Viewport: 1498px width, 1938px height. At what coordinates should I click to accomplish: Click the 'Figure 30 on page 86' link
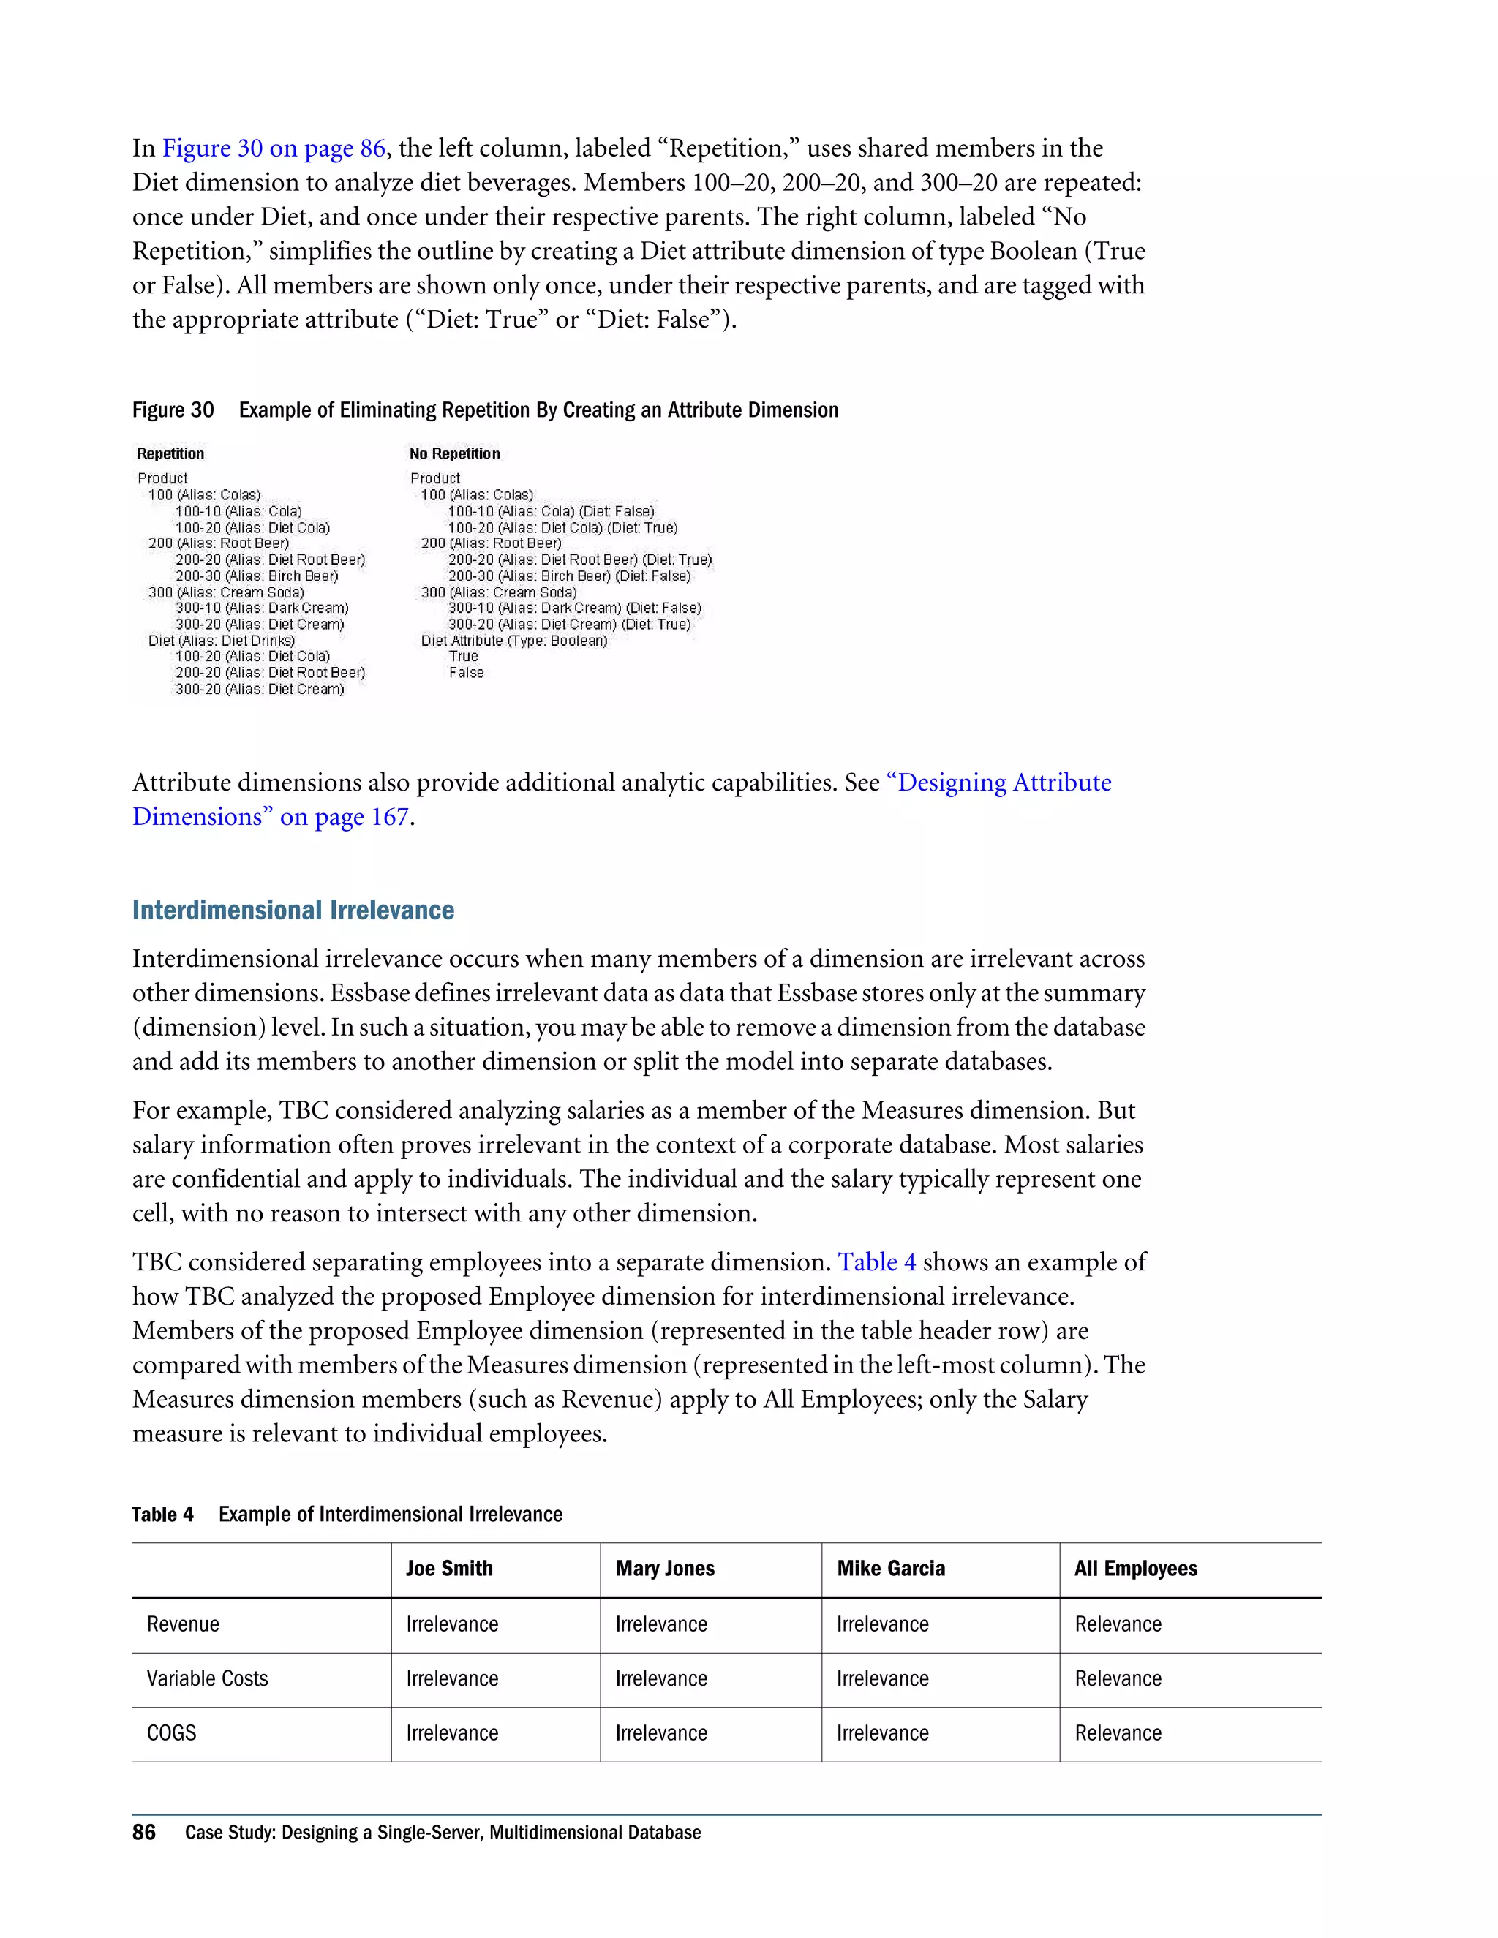(x=274, y=148)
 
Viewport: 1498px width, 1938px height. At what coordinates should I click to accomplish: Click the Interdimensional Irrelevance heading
(x=293, y=910)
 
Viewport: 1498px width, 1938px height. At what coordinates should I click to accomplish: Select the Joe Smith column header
(x=449, y=1568)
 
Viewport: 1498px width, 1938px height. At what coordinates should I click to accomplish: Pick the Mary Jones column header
(x=665, y=1568)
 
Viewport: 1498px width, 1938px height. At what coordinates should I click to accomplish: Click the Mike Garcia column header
(x=890, y=1568)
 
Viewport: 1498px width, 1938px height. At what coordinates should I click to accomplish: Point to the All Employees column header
(x=1135, y=1568)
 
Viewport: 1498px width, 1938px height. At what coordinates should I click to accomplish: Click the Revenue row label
(x=183, y=1624)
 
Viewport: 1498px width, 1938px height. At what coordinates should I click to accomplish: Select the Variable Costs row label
(x=207, y=1678)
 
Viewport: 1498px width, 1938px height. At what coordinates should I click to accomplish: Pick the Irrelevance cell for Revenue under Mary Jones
(x=661, y=1624)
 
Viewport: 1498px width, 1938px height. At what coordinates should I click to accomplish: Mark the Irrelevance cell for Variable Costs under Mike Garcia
(x=882, y=1678)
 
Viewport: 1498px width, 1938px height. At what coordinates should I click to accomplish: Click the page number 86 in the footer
(x=144, y=1833)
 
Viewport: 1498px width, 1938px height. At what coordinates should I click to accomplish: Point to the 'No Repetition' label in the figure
(x=454, y=453)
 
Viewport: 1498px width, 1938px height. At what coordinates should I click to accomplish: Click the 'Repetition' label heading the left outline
(x=170, y=453)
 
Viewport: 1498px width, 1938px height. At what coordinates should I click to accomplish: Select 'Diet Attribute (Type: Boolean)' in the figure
(x=513, y=641)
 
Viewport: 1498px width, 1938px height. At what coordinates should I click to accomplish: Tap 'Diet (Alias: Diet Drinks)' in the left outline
(x=221, y=641)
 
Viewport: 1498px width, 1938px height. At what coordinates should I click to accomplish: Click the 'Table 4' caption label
(x=162, y=1514)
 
